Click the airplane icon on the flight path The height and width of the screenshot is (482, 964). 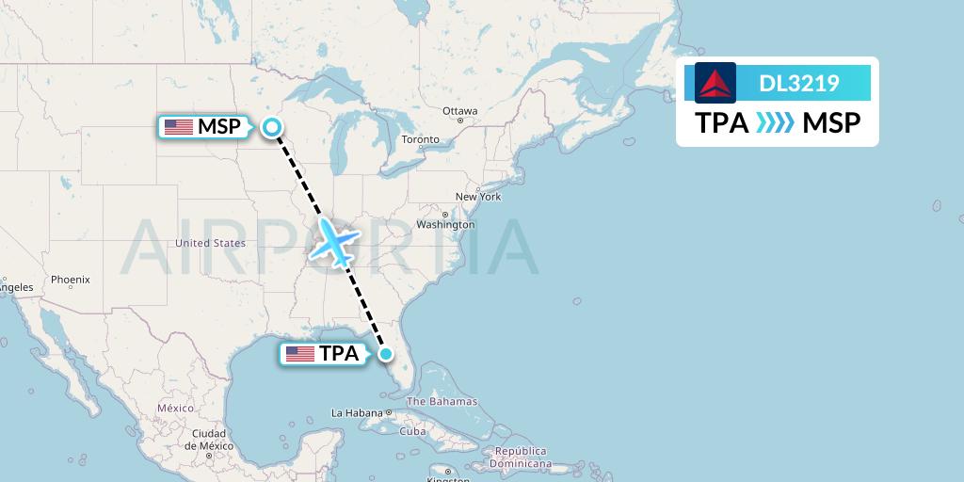[x=334, y=242]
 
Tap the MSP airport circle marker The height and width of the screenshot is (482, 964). [x=272, y=127]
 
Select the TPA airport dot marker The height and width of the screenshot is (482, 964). [x=386, y=354]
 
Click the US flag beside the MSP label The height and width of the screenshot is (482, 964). [x=178, y=127]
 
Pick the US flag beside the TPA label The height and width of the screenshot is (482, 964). [x=300, y=354]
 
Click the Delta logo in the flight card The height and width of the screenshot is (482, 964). [x=715, y=83]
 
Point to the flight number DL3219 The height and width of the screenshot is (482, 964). [x=798, y=83]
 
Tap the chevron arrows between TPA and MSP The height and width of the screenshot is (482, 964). [x=776, y=123]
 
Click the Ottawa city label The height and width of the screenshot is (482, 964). [x=460, y=111]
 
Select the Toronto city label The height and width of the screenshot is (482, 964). [x=420, y=139]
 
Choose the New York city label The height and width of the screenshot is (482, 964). [x=478, y=197]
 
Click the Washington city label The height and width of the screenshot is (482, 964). [x=445, y=225]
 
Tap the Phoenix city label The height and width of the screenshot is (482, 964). [x=71, y=280]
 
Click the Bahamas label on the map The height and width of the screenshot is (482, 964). [x=442, y=402]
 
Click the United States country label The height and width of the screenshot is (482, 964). [x=210, y=243]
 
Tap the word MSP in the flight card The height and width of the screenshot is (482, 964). [x=831, y=123]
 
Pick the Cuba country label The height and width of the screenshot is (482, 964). [x=412, y=432]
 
